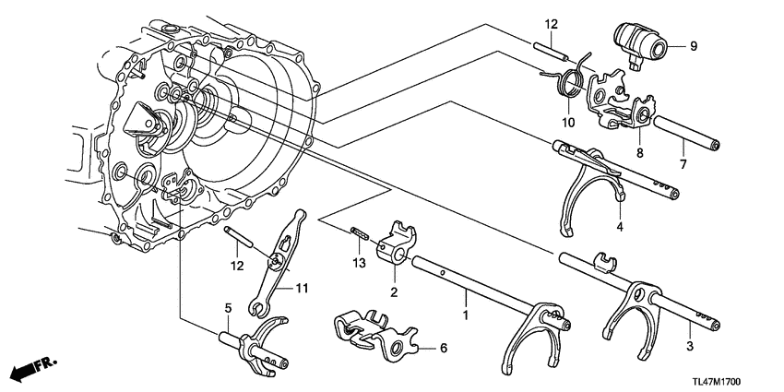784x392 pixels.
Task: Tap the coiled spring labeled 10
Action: (570, 84)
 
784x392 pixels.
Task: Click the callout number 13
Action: (359, 264)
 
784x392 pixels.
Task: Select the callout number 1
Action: (463, 316)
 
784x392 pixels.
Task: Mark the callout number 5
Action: (225, 309)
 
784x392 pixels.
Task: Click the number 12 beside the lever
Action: (237, 266)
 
